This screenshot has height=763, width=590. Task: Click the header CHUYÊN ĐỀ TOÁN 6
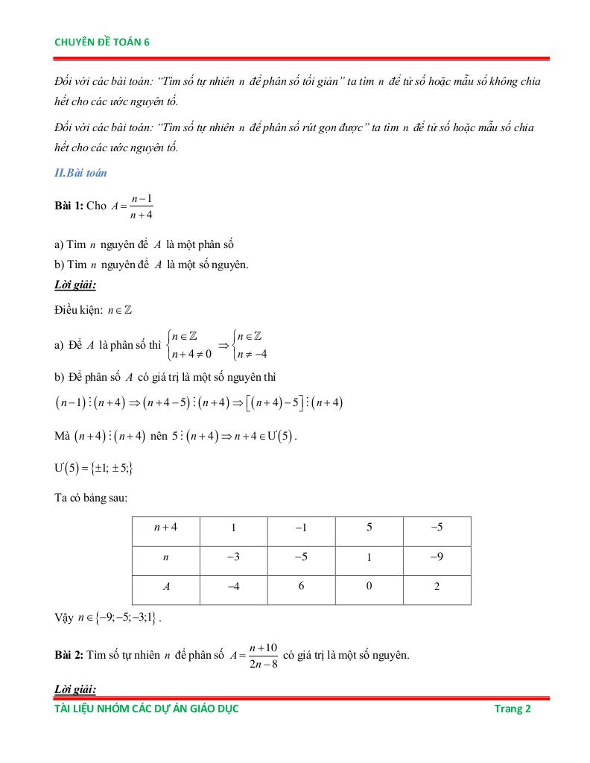coord(102,42)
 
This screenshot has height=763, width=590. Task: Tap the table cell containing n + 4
coord(165,528)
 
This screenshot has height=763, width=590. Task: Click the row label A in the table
coord(165,587)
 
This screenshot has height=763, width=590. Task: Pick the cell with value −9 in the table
coord(437,557)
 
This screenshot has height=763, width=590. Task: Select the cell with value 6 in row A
coord(301,587)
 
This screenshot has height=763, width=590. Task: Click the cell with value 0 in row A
coord(369,587)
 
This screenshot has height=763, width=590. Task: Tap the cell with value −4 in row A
coord(233,587)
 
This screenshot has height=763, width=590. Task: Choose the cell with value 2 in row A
coord(437,587)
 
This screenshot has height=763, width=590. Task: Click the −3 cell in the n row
coord(233,557)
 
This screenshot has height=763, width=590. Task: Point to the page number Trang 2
coord(513,709)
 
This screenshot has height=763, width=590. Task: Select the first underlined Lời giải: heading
coord(75,285)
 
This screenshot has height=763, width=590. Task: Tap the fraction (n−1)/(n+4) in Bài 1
coord(141,206)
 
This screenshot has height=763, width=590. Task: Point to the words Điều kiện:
coord(80,311)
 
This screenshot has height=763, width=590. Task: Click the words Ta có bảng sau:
coord(90,498)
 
